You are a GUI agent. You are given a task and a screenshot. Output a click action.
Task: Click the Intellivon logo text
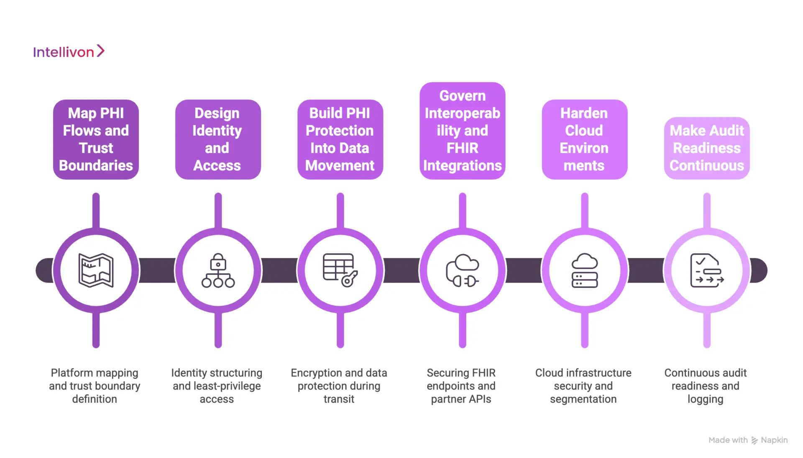(x=64, y=52)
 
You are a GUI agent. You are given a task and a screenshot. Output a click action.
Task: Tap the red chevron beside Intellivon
(x=100, y=51)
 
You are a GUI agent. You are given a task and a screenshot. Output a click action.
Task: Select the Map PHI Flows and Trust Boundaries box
(x=96, y=139)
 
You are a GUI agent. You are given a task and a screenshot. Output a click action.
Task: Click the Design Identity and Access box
(x=218, y=139)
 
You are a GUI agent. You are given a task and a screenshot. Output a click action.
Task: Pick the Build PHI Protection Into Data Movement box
(x=340, y=139)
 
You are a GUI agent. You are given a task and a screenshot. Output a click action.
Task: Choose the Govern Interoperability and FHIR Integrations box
(x=462, y=131)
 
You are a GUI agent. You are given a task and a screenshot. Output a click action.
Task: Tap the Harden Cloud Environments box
(x=584, y=139)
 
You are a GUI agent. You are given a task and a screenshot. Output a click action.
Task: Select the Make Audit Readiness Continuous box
(x=706, y=148)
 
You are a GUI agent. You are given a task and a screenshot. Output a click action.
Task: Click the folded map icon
(x=96, y=270)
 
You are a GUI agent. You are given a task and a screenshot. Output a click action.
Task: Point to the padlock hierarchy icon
(x=218, y=270)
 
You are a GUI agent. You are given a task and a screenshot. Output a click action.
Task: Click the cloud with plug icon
(x=462, y=270)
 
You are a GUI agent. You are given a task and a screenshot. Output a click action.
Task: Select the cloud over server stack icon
(x=584, y=270)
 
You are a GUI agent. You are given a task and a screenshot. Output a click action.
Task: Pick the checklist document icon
(x=706, y=270)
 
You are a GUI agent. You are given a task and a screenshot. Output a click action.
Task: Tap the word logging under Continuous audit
(x=705, y=399)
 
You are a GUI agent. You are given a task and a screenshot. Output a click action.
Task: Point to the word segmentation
(x=583, y=399)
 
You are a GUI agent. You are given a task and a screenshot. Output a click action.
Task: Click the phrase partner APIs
(x=461, y=399)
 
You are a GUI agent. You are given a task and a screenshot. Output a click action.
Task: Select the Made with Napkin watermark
(x=748, y=440)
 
